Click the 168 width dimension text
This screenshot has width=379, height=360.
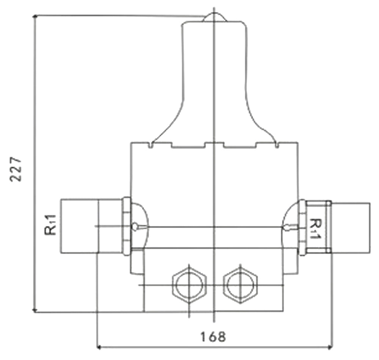(x=213, y=337)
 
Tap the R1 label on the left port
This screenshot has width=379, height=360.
(x=50, y=224)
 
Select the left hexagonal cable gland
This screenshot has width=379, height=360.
(x=189, y=284)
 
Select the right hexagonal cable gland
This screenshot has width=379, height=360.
(x=240, y=284)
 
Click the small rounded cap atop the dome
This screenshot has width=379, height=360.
(x=215, y=17)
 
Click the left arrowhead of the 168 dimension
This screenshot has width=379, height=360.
(x=100, y=346)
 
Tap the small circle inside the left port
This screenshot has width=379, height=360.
(x=135, y=226)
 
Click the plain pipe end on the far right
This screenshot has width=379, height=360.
(x=351, y=227)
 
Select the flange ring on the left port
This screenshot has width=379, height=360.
(x=127, y=226)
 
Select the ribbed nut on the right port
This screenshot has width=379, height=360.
(x=302, y=227)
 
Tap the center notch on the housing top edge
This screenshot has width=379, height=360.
(x=214, y=144)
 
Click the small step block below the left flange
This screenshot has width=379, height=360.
(x=137, y=261)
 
